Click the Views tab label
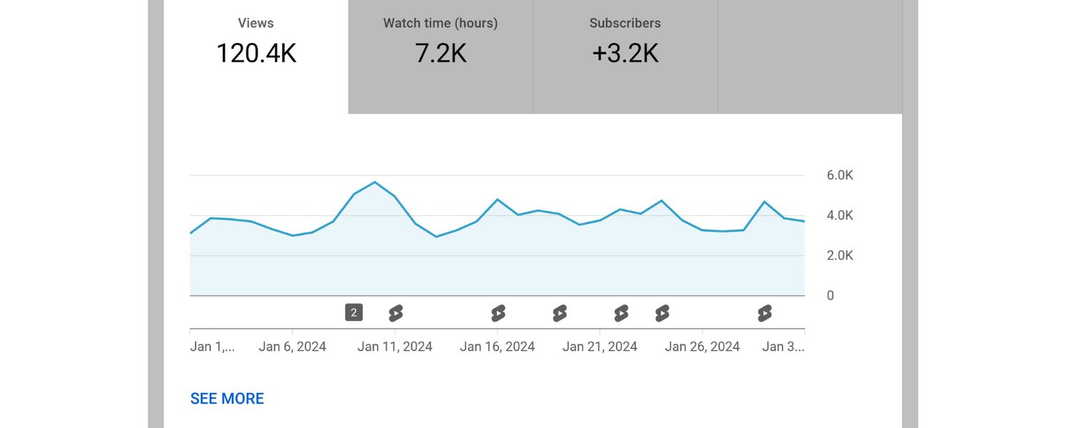pyautogui.click(x=256, y=23)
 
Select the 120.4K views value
pyautogui.click(x=256, y=53)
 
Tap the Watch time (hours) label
pyautogui.click(x=441, y=23)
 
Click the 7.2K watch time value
pyautogui.click(x=441, y=53)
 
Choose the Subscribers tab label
pyautogui.click(x=625, y=23)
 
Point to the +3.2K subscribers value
pyautogui.click(x=625, y=53)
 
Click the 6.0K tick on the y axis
pyautogui.click(x=840, y=175)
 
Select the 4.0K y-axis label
pyautogui.click(x=840, y=215)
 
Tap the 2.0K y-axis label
pyautogui.click(x=840, y=255)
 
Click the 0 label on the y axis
pyautogui.click(x=830, y=295)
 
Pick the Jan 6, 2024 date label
pyautogui.click(x=292, y=347)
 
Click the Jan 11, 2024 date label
pyautogui.click(x=395, y=347)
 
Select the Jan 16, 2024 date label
pyautogui.click(x=498, y=347)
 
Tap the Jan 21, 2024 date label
pyautogui.click(x=600, y=347)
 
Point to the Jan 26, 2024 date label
pyautogui.click(x=703, y=347)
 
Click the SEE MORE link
pyautogui.click(x=227, y=399)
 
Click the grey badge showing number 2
pyautogui.click(x=353, y=312)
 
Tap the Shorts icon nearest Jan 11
pyautogui.click(x=396, y=313)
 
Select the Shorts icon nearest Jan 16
pyautogui.click(x=498, y=313)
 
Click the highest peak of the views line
pyautogui.click(x=375, y=182)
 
